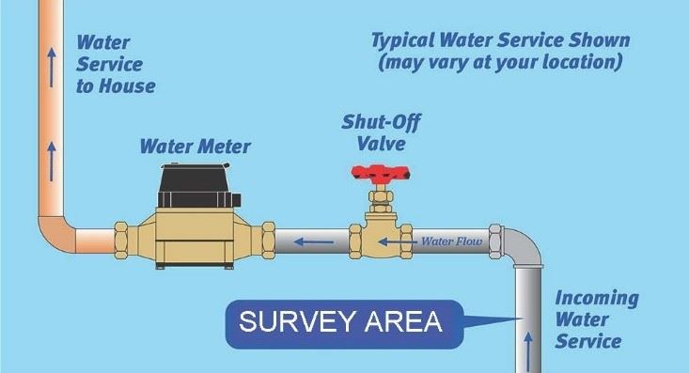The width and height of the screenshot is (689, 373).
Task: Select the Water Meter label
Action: [x=195, y=147]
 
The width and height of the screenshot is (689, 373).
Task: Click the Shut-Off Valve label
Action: [x=372, y=132]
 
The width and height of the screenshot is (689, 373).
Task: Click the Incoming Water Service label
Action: [x=596, y=319]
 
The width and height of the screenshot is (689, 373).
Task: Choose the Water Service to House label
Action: [x=115, y=64]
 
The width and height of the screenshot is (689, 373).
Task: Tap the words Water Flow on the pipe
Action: [x=450, y=241]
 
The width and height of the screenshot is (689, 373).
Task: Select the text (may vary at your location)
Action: [x=500, y=63]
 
